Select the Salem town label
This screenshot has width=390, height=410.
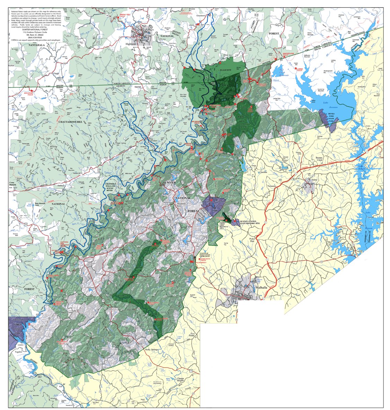click(314, 180)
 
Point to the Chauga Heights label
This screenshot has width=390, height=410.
click(183, 379)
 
